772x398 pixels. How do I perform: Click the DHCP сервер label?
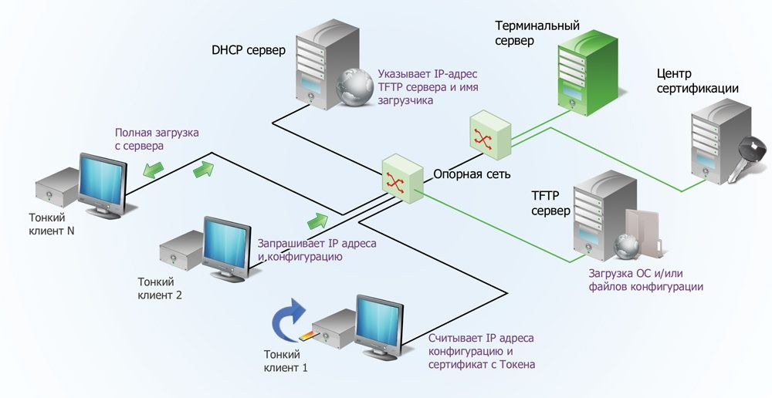click(x=249, y=51)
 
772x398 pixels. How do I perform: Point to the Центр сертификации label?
click(x=697, y=81)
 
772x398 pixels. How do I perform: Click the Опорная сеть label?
click(x=472, y=174)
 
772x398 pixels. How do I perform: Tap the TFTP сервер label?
click(x=550, y=203)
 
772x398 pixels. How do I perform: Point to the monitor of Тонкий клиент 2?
click(x=225, y=245)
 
